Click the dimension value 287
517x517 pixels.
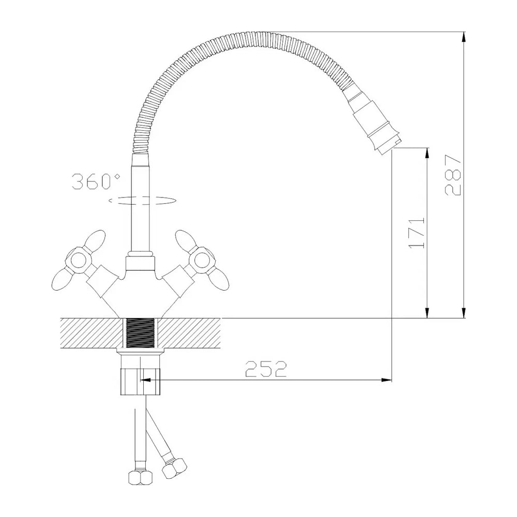point(452,175)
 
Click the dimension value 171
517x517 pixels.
point(417,233)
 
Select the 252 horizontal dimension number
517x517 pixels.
point(266,369)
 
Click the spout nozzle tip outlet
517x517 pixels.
point(389,146)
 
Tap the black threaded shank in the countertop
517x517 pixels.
point(140,333)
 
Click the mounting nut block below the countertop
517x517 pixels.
point(140,382)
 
